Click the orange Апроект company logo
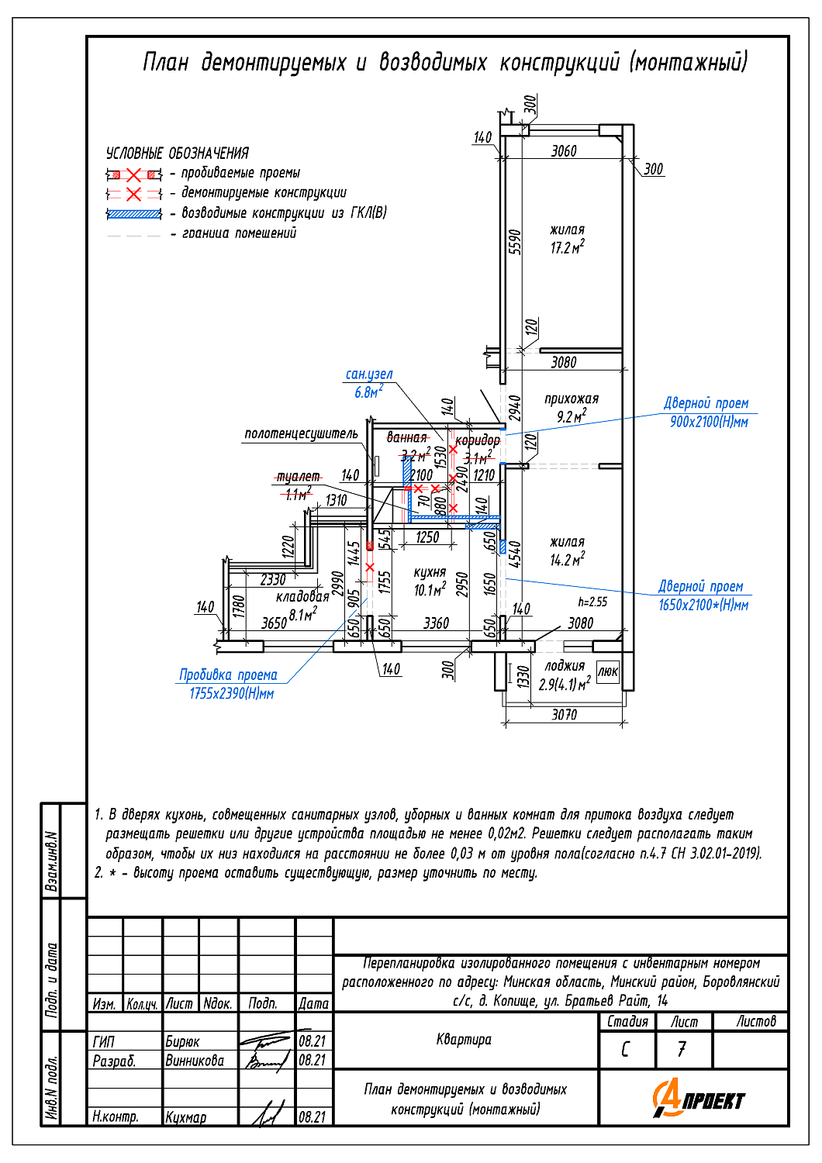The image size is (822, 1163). click(x=698, y=1099)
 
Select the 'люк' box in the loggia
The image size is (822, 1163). click(x=608, y=671)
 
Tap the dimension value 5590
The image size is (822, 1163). click(x=515, y=241)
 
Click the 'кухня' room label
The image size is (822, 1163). click(x=430, y=572)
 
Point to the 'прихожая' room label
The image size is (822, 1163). click(x=572, y=399)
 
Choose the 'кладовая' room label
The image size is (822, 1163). click(x=302, y=596)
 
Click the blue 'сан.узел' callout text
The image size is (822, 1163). click(x=369, y=374)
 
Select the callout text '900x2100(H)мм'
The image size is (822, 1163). click(x=709, y=422)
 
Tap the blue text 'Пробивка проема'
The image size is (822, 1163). click(x=228, y=675)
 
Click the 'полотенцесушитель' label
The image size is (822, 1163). click(x=301, y=433)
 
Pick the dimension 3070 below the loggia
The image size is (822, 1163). click(x=564, y=714)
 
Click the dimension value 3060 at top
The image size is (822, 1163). click(x=564, y=151)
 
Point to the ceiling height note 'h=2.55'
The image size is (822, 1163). click(x=592, y=602)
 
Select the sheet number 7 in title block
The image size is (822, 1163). click(x=682, y=1049)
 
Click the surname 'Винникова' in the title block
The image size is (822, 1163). click(x=195, y=1060)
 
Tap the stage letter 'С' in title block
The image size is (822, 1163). click(x=626, y=1049)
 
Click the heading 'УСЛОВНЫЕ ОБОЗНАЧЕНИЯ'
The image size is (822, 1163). click(x=178, y=153)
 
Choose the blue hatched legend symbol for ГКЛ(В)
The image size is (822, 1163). click(x=134, y=213)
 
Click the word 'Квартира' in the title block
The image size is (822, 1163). click(x=464, y=1039)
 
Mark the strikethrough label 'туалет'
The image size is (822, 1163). click(x=298, y=476)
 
